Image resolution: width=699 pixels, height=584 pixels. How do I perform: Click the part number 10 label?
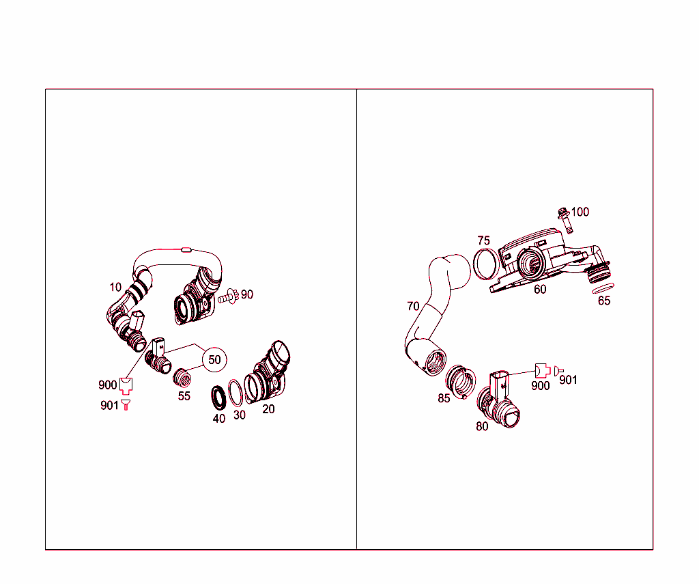115,287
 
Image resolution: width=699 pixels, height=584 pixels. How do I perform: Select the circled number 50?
214,359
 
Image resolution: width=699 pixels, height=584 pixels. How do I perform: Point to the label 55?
184,396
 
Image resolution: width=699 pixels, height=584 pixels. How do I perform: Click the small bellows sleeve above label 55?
182,377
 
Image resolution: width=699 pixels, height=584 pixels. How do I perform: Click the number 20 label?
268,409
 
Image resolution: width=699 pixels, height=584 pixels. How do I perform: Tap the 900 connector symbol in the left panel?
125,386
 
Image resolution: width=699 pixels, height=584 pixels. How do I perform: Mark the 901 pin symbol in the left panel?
126,405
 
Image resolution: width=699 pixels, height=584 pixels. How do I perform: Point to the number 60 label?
539,290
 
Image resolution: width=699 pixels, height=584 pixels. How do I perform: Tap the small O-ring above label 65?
604,288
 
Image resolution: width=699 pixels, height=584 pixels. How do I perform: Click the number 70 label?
413,306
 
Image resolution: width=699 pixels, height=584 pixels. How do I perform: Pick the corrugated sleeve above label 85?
461,380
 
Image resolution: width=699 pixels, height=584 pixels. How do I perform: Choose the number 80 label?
482,427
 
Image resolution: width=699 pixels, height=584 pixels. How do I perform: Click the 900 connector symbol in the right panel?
542,370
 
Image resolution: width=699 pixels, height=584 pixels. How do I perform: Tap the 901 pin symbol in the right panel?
556,370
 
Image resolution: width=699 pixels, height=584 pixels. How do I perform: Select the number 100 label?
580,212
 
